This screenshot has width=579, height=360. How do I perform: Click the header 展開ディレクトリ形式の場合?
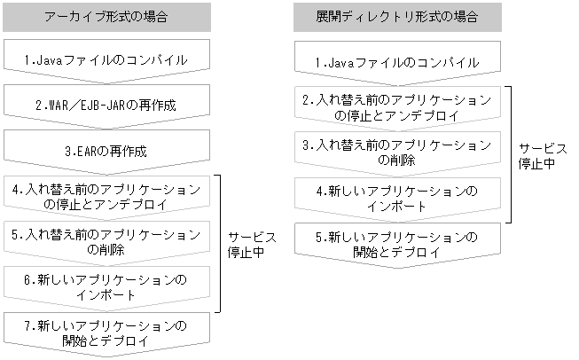pos(397,16)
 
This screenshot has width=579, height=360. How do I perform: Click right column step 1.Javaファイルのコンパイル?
pos(397,62)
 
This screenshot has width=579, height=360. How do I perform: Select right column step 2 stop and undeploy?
pos(397,107)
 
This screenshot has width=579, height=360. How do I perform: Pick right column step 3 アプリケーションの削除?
pos(397,152)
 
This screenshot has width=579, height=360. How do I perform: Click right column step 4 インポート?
pos(397,198)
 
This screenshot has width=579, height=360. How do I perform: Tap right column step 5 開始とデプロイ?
pos(397,243)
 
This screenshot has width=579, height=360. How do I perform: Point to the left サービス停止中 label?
pos(252,246)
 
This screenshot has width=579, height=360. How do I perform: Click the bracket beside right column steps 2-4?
pos(510,154)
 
